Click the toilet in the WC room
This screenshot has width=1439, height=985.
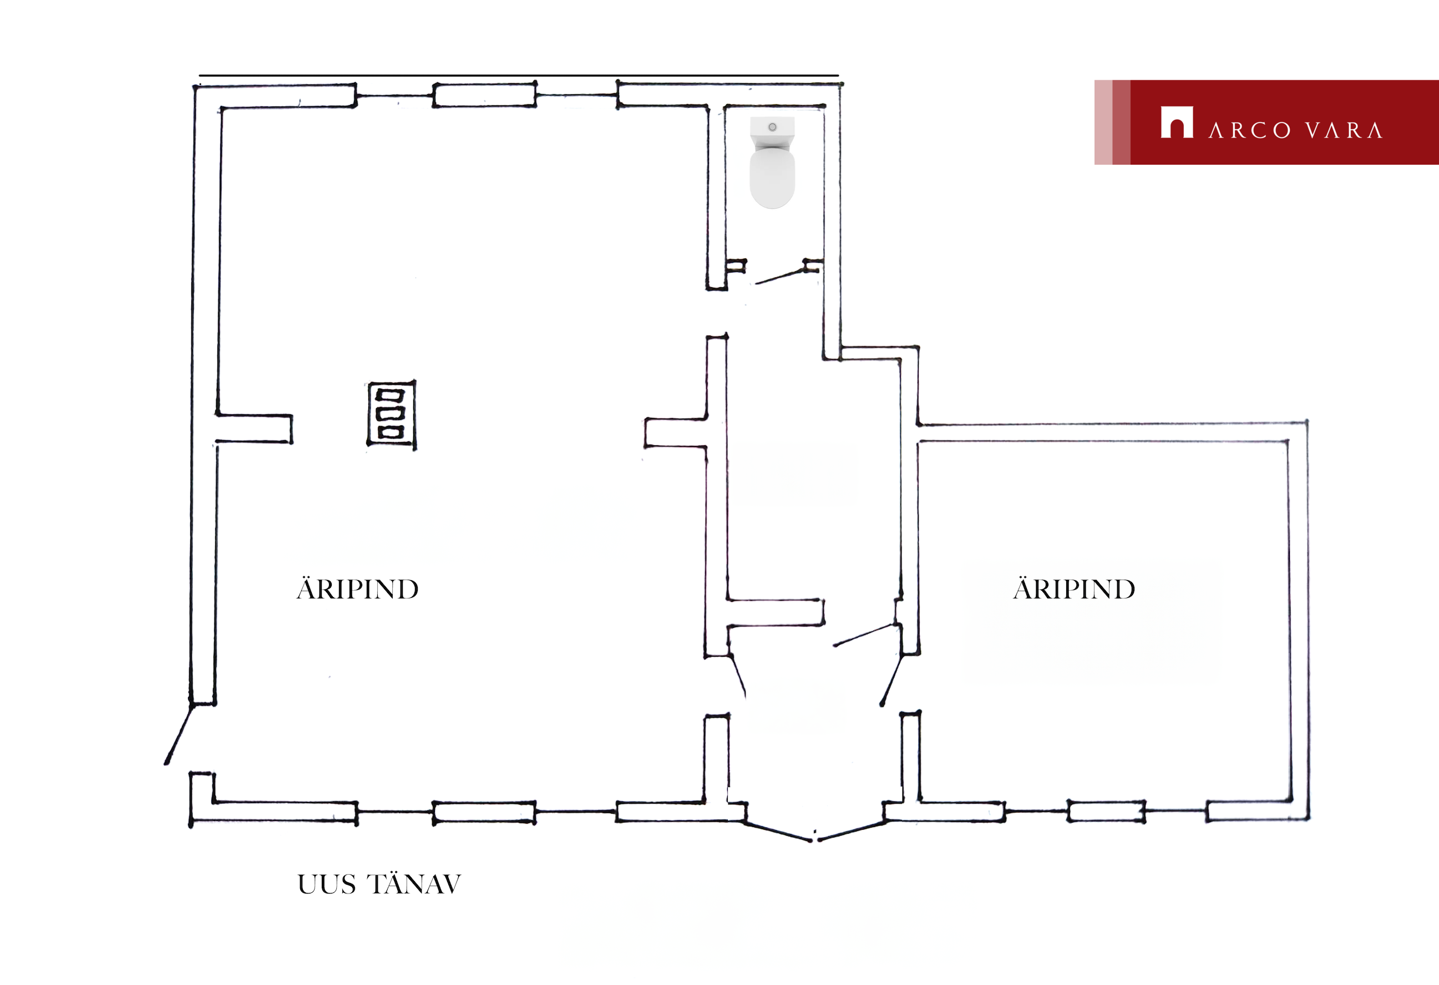click(x=772, y=162)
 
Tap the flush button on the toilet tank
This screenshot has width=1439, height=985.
click(x=772, y=127)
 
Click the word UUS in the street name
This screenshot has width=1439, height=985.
click(x=327, y=885)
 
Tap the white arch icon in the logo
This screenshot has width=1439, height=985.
click(x=1177, y=122)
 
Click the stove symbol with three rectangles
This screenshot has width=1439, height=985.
click(x=391, y=414)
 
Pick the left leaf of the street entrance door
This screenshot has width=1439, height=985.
click(x=778, y=831)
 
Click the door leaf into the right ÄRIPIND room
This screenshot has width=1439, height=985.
click(x=865, y=634)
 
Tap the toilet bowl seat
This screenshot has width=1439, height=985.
click(x=772, y=177)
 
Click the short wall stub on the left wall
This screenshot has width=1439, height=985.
click(x=254, y=428)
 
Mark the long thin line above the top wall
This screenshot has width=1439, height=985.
click(x=519, y=75)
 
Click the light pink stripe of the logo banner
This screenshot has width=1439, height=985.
click(x=1103, y=122)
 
